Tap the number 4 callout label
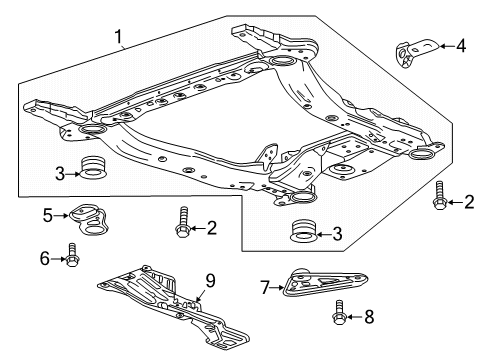pos(461,44)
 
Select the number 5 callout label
pos(48,214)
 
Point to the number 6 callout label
pos(43,258)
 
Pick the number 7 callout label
pos(265,289)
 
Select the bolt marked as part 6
pos(73,257)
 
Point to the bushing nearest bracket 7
pos(301,234)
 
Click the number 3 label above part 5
pos(61,173)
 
